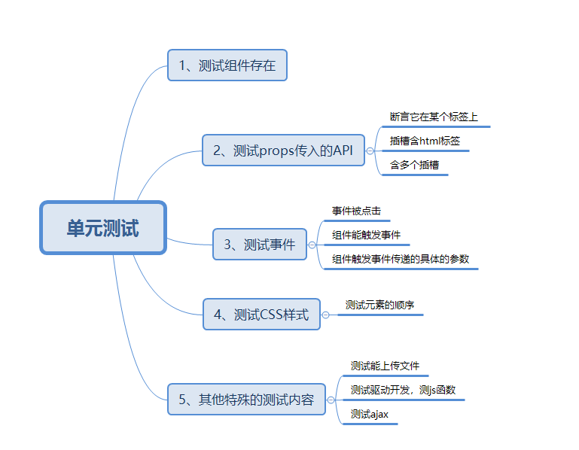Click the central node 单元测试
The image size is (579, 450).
[x=102, y=228]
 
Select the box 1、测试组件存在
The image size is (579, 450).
[x=227, y=65]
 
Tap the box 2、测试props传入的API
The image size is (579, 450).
[x=283, y=150]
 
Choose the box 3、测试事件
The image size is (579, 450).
[x=260, y=244]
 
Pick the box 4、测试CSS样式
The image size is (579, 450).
[x=261, y=314]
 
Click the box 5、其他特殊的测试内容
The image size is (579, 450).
[x=246, y=399]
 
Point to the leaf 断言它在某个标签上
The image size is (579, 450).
[x=434, y=117]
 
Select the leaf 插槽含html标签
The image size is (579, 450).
[x=425, y=141]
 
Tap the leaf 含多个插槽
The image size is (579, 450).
[x=414, y=165]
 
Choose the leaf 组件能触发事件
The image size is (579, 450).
[x=366, y=235]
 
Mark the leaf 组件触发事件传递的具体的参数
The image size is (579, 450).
[x=401, y=259]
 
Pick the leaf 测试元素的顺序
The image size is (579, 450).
[x=379, y=306]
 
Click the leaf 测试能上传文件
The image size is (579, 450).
[x=385, y=366]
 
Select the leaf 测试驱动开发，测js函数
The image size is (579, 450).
[x=403, y=390]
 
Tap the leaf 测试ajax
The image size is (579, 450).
[x=370, y=414]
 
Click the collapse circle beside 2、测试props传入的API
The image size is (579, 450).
[x=370, y=151]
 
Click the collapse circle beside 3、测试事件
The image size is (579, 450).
[x=312, y=245]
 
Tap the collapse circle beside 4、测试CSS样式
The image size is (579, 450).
[x=326, y=315]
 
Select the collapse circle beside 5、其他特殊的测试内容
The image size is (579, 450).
[x=331, y=400]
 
